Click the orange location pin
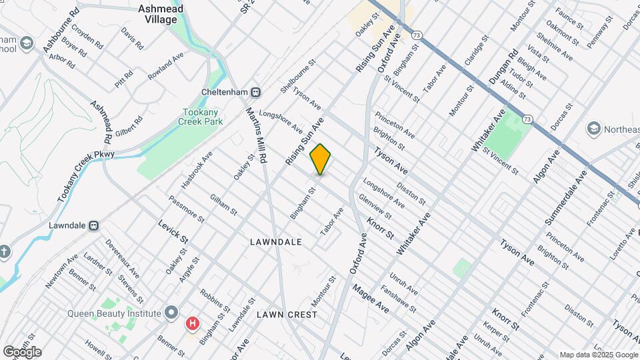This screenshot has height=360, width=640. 320,159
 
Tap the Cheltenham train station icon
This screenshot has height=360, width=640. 256,92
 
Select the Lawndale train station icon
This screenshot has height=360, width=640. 95,225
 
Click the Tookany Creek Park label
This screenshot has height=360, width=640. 200,117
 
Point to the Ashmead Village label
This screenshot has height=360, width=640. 158,14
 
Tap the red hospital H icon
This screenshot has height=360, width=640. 193,324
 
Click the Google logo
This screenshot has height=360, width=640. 22,351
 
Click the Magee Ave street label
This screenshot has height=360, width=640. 371,297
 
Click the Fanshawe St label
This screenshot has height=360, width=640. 399,300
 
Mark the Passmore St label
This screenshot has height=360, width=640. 187,209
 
